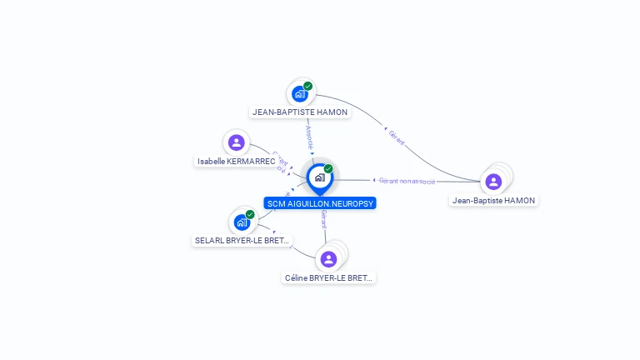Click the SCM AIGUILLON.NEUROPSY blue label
point(321,203)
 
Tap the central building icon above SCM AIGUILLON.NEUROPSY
point(318,177)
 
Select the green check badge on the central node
point(328,169)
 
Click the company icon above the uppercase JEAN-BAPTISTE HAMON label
point(299,94)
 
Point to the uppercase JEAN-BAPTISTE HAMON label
point(300,112)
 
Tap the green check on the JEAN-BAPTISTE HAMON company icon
point(308,86)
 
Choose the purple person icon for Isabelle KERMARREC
point(237,142)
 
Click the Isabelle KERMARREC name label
point(237,161)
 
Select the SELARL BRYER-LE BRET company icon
point(241,222)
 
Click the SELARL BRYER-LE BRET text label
point(242,241)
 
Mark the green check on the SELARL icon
point(250,214)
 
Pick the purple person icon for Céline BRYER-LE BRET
point(328,259)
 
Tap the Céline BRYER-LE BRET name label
point(329,277)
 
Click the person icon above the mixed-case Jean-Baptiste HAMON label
point(493,182)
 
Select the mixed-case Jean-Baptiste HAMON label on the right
point(494,200)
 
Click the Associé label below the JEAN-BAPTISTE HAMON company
point(310,137)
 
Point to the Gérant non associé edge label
point(407,180)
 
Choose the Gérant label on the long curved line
point(397,137)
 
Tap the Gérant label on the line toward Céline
point(323,219)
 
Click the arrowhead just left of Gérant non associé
point(373,180)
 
